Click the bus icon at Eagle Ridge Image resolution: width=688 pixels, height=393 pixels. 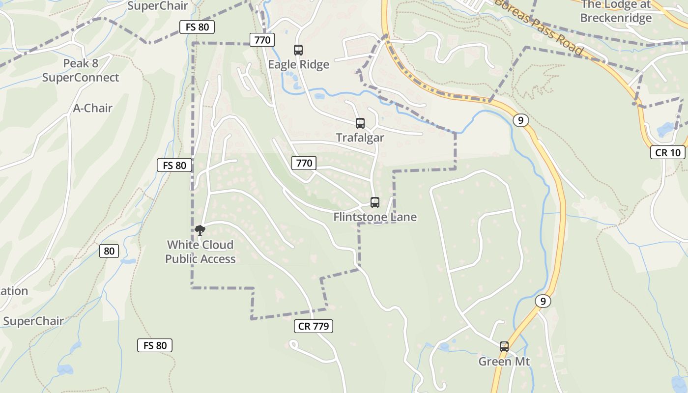[298, 50]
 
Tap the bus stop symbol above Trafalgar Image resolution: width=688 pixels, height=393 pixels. [360, 123]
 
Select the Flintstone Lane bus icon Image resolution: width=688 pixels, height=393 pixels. [375, 202]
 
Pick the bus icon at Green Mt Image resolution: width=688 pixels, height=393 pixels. [504, 347]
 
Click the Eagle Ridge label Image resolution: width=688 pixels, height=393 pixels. [298, 64]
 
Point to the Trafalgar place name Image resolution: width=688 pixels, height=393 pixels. [360, 138]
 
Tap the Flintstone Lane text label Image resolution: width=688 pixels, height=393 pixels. [375, 217]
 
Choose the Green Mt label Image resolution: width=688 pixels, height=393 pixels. [504, 362]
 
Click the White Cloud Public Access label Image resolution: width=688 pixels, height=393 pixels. [200, 252]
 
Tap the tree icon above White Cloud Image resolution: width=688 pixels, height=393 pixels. [200, 230]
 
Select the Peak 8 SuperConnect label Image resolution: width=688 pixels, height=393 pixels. [81, 70]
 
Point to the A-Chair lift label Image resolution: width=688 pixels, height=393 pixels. [93, 108]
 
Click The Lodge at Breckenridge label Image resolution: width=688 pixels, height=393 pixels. [616, 11]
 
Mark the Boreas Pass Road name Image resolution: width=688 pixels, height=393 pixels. [539, 27]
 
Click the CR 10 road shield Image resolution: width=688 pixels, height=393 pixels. [667, 152]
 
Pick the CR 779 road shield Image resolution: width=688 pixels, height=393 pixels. [315, 326]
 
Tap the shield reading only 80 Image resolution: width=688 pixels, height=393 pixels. [109, 251]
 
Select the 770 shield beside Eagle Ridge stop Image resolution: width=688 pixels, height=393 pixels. [262, 40]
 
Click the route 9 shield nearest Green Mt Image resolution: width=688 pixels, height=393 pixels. [543, 301]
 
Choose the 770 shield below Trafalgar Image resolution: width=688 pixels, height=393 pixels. [304, 163]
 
